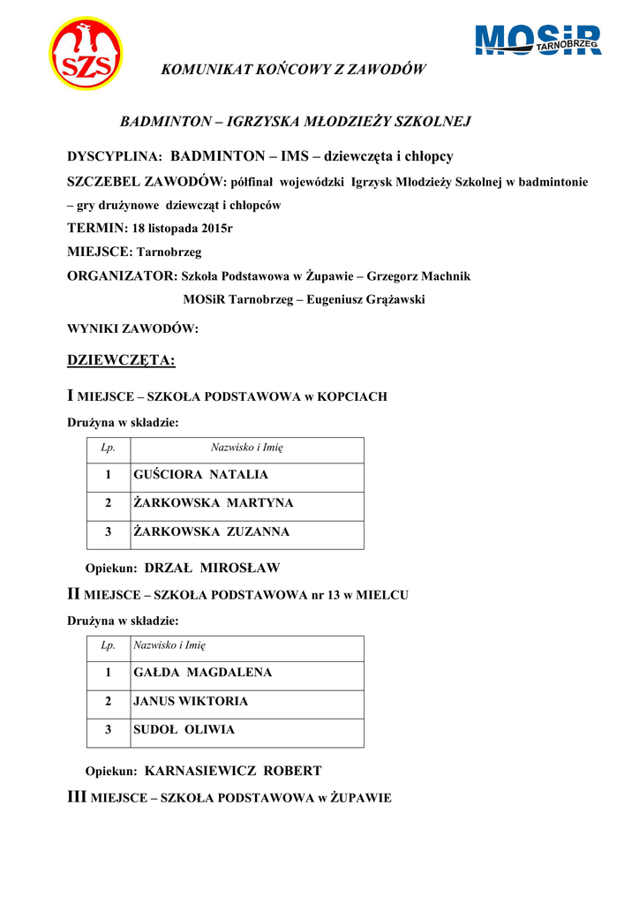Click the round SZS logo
click(86, 55)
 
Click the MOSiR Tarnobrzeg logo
click(538, 41)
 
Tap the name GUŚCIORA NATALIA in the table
click(200, 475)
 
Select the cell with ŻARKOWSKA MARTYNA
click(213, 503)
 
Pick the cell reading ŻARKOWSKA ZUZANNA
click(211, 532)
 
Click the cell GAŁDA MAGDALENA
click(202, 673)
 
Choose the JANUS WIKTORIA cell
click(191, 702)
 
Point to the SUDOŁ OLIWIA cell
click(184, 730)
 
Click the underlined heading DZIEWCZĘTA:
click(122, 360)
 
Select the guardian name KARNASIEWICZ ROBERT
click(233, 771)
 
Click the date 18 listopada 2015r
click(184, 229)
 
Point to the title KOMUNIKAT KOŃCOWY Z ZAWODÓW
click(294, 70)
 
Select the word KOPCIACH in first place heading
click(351, 397)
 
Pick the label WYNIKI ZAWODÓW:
click(133, 329)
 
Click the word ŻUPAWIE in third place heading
click(360, 798)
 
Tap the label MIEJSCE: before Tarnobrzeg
click(100, 252)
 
